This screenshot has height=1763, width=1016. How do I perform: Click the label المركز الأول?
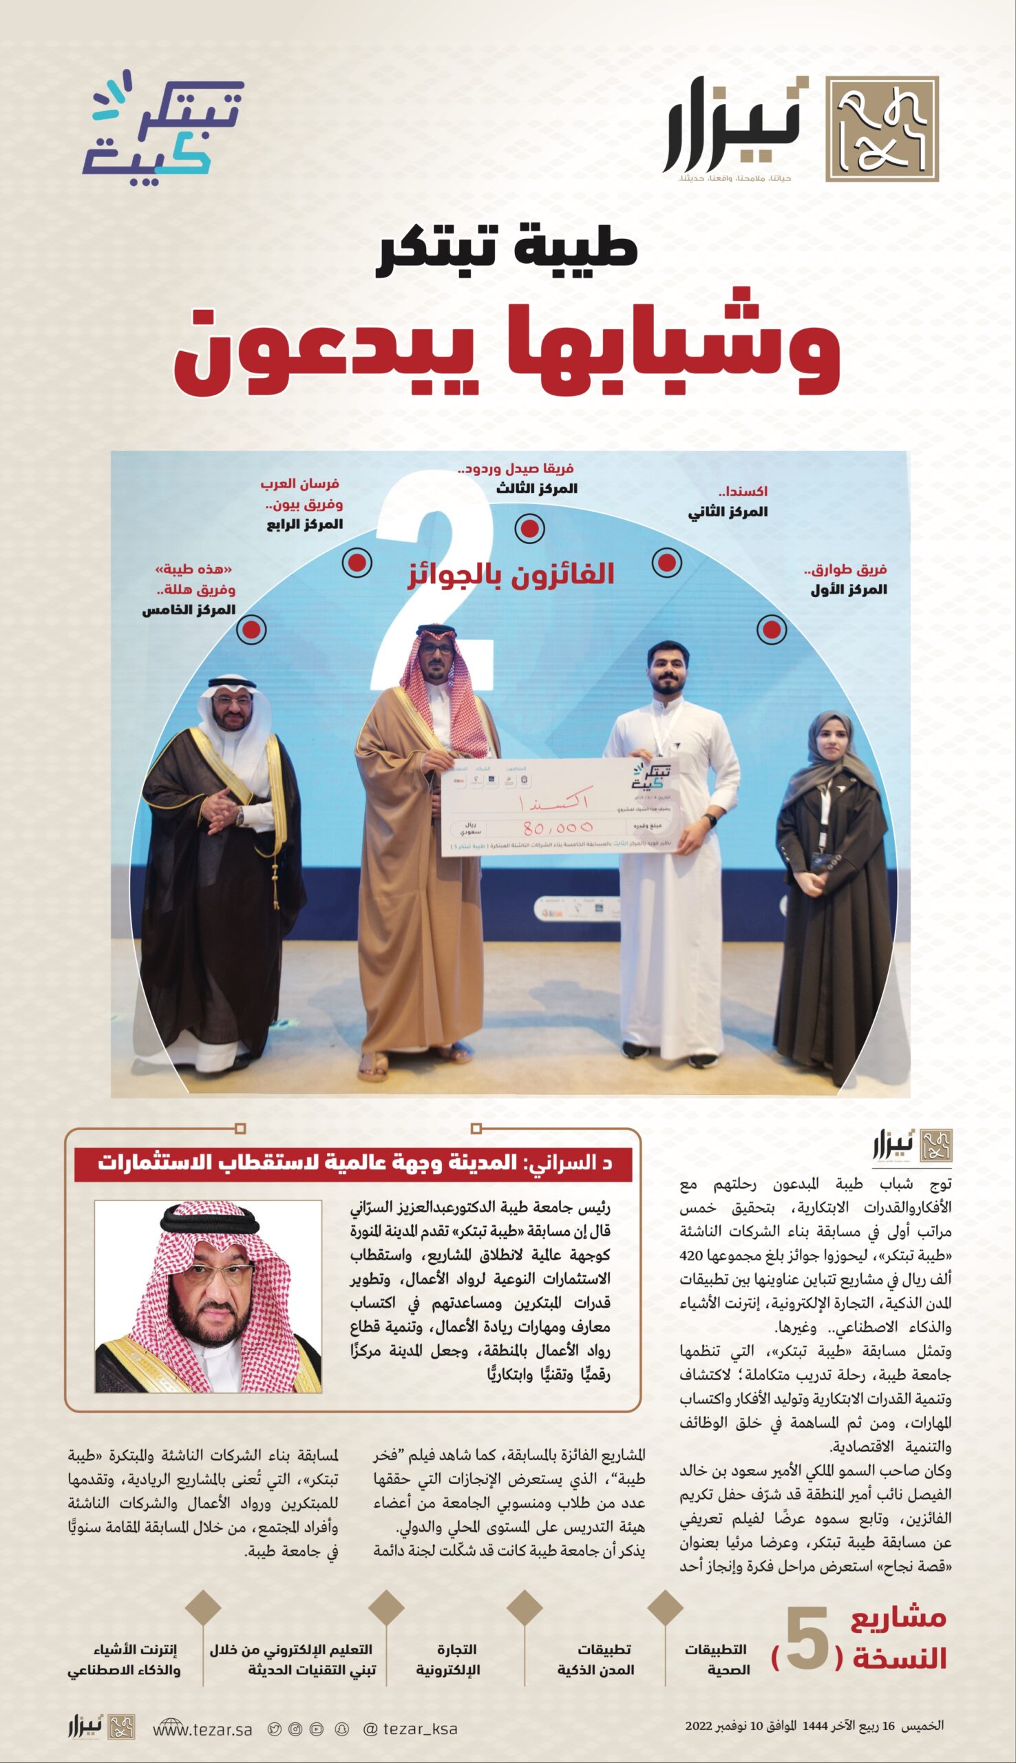(x=848, y=590)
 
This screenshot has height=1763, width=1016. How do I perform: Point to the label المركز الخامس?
(x=189, y=610)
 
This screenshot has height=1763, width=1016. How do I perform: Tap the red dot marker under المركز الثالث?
(x=529, y=528)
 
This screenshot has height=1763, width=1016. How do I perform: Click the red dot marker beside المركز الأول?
(x=772, y=629)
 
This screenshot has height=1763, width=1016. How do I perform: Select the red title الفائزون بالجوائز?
(x=511, y=574)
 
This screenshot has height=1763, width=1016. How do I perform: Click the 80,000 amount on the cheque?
(x=558, y=828)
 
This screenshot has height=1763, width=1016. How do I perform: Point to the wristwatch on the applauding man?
(x=240, y=815)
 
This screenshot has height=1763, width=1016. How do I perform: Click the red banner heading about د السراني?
(x=354, y=1162)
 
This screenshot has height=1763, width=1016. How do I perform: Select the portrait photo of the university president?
(x=208, y=1296)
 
